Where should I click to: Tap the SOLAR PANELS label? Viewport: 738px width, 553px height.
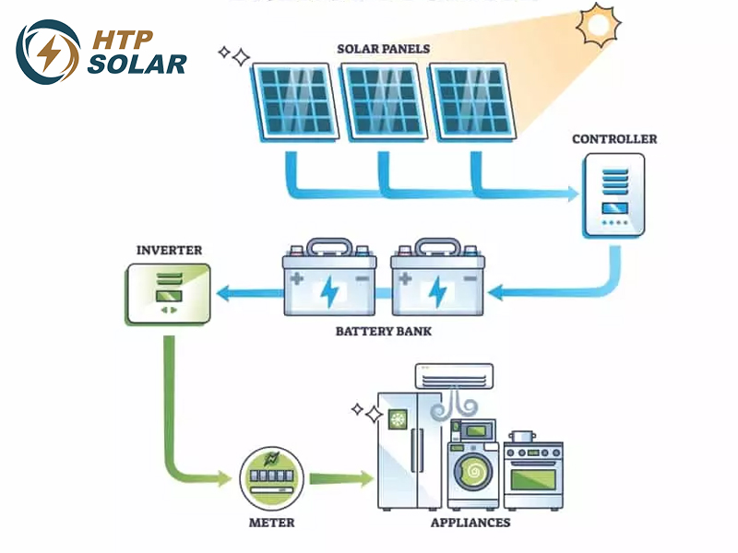coord(383,48)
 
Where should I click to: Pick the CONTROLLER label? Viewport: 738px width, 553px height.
coord(614,139)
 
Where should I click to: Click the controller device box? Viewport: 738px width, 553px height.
coord(613,195)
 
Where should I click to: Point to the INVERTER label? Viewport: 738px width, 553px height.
coord(169,250)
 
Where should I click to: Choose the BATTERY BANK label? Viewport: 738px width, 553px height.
coord(383,330)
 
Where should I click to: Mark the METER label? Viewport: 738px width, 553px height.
coord(272,523)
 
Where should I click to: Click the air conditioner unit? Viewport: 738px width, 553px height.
coord(452,375)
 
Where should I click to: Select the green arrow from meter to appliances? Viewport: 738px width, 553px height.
coord(340,478)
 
